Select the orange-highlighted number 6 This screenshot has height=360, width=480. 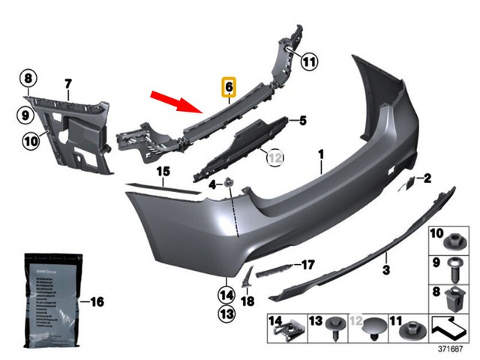pyautogui.click(x=228, y=88)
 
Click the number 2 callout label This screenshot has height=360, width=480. pyautogui.click(x=428, y=178)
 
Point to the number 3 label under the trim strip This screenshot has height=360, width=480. pyautogui.click(x=386, y=269)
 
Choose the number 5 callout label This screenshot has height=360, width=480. pyautogui.click(x=303, y=120)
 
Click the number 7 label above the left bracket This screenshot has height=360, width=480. pyautogui.click(x=67, y=82)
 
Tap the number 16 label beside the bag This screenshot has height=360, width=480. pyautogui.click(x=96, y=302)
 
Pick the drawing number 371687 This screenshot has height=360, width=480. pyautogui.click(x=451, y=349)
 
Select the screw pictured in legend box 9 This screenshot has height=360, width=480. pyautogui.click(x=457, y=267)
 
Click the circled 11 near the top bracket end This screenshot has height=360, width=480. pyautogui.click(x=309, y=62)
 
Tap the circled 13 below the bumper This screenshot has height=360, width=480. pyautogui.click(x=226, y=313)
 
